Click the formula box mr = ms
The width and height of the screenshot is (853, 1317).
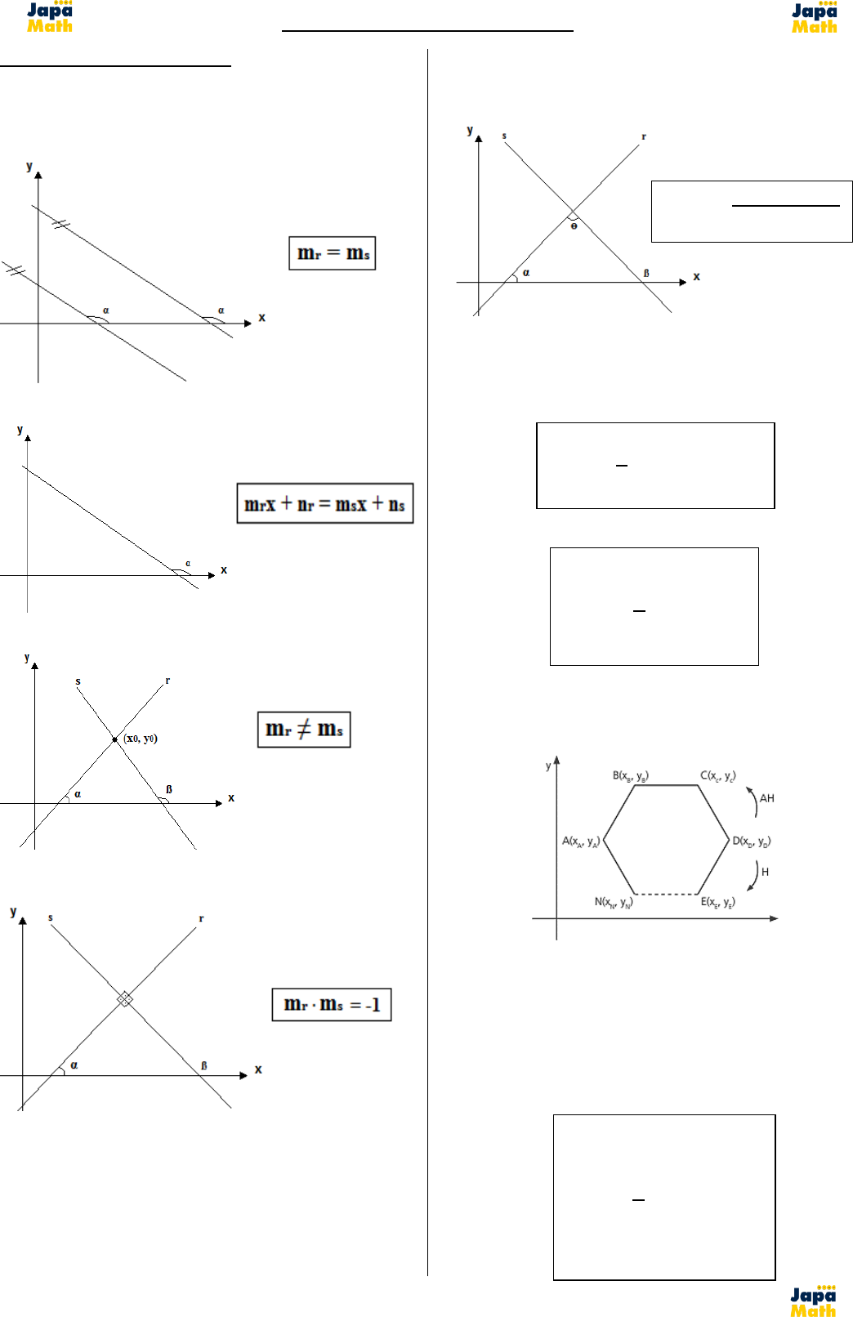click(332, 253)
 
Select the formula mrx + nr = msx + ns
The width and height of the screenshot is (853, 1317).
click(324, 503)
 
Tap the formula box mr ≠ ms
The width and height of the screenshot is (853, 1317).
click(304, 729)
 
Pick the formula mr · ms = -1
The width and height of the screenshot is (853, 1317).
click(332, 1004)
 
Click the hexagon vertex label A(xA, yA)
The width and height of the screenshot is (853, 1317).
click(581, 841)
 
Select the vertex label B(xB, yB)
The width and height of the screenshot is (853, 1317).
click(631, 775)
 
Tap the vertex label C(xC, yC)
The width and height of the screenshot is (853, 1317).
click(717, 775)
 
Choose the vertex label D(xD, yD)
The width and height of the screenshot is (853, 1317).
click(751, 841)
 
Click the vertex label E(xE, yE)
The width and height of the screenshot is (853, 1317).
click(717, 902)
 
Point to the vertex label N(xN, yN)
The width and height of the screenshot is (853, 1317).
click(613, 902)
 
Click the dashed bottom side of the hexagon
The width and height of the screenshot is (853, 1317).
click(667, 894)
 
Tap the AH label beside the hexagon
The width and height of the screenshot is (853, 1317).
click(766, 798)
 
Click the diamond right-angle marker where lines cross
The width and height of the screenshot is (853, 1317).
click(124, 998)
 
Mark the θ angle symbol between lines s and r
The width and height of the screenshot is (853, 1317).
click(574, 225)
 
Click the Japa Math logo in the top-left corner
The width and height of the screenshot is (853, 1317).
click(49, 16)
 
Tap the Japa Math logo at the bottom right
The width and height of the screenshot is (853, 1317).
click(813, 1301)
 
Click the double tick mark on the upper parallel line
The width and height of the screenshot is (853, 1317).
click(60, 223)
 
